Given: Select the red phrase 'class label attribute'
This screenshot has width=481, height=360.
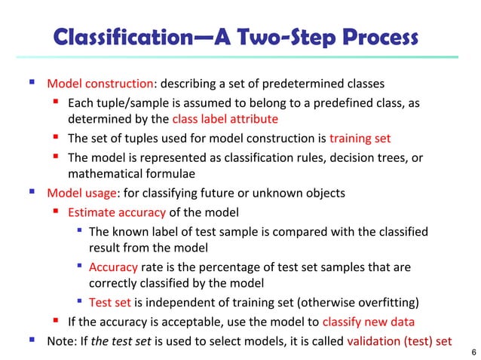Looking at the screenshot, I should (x=225, y=119).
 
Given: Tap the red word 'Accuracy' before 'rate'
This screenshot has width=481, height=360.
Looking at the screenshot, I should (x=113, y=267).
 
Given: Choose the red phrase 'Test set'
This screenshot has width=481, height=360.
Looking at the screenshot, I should (x=110, y=304).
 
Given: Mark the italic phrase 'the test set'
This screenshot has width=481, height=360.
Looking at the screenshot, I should (x=121, y=341).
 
